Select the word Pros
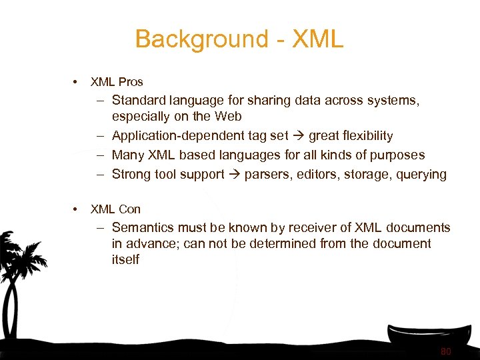tap(131, 82)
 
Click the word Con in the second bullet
tap(129, 209)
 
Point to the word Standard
tap(138, 101)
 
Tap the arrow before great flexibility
tap(298, 136)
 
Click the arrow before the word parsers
tap(234, 175)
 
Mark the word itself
tap(125, 259)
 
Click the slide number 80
tap(446, 351)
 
